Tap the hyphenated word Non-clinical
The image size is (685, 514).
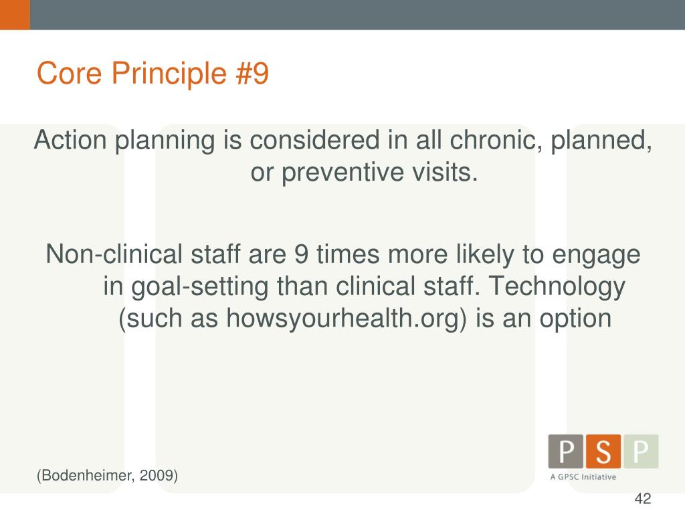(x=114, y=254)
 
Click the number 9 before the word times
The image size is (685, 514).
(x=301, y=254)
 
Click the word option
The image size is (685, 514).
(x=574, y=319)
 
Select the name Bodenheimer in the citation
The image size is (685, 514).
(x=89, y=476)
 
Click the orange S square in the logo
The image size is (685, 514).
(x=603, y=452)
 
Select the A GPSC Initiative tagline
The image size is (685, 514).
(x=583, y=477)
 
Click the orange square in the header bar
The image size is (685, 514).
(x=15, y=15)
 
